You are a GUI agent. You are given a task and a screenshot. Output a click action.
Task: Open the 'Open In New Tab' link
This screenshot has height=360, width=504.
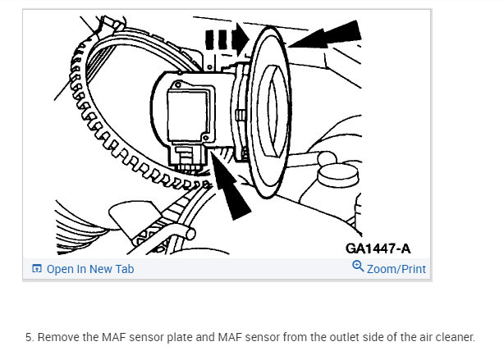(89, 269)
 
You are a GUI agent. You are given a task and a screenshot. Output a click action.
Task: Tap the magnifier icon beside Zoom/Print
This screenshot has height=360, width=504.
(358, 267)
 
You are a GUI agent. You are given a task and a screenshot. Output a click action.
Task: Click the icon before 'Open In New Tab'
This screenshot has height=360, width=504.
(36, 269)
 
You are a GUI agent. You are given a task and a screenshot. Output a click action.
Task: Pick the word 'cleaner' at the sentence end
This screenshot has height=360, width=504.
(455, 337)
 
